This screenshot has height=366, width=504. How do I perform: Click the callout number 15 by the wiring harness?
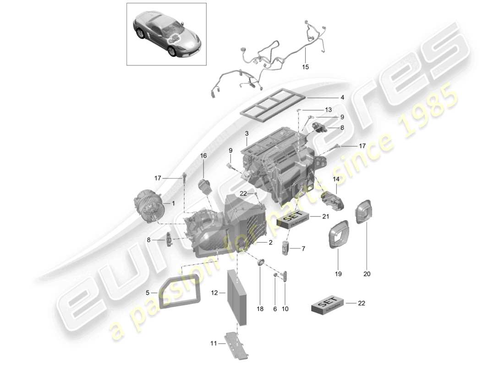click(306, 67)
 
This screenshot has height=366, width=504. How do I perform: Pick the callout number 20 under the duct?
click(367, 274)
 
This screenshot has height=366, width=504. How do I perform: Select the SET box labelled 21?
click(294, 222)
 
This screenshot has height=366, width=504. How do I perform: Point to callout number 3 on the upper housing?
click(247, 134)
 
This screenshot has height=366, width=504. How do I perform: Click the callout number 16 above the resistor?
click(203, 156)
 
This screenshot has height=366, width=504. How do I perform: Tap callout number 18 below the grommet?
click(260, 309)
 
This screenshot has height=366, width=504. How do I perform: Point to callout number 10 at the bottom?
click(285, 309)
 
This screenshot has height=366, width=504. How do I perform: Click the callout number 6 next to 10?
click(275, 309)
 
